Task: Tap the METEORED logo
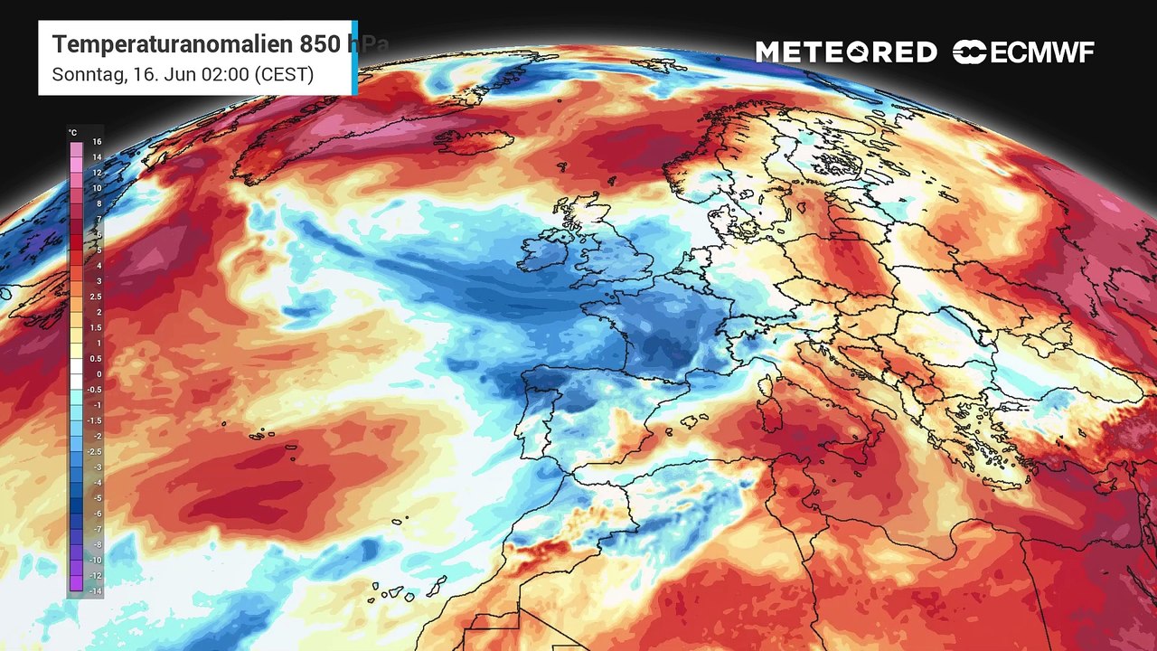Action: click(x=846, y=52)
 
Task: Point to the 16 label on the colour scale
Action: click(x=96, y=142)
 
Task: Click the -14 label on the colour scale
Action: click(x=97, y=590)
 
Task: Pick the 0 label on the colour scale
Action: click(x=97, y=374)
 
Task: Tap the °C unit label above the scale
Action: click(x=72, y=133)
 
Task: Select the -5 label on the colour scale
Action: click(x=97, y=497)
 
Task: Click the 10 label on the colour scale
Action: click(x=96, y=188)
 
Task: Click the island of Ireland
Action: click(x=545, y=253)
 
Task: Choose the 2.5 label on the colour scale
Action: click(x=97, y=297)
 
